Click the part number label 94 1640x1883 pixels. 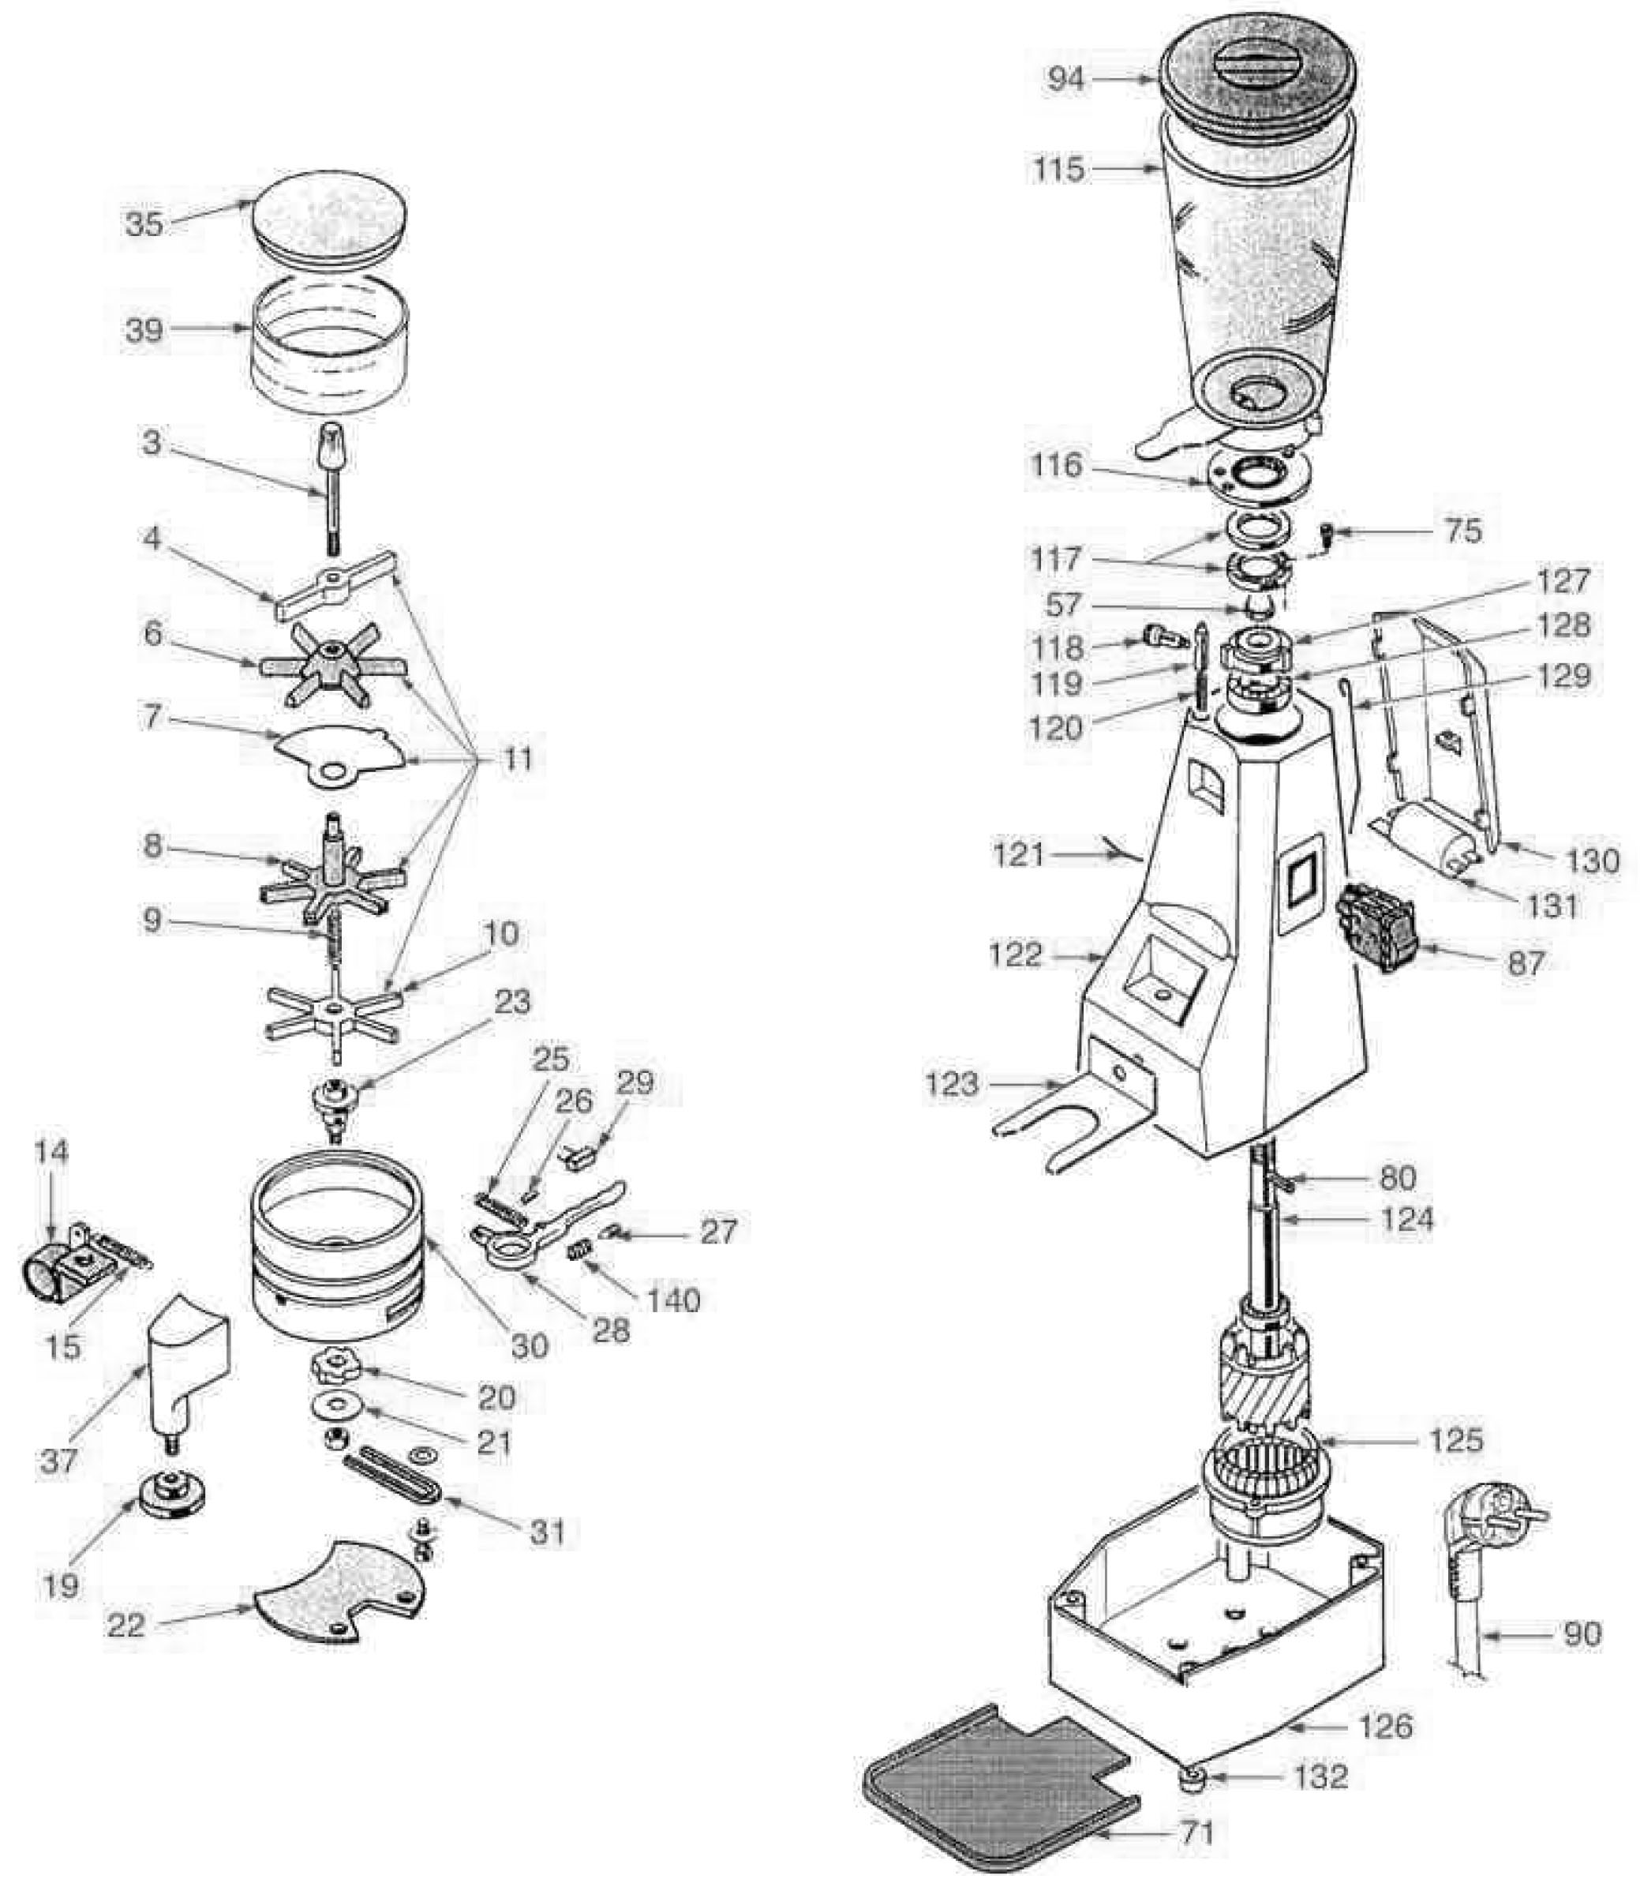point(1066,80)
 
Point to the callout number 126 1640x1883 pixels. point(1387,1726)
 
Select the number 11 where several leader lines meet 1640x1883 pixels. point(517,760)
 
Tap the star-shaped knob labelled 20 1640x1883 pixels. point(332,1367)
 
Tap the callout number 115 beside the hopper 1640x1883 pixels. point(1059,169)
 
